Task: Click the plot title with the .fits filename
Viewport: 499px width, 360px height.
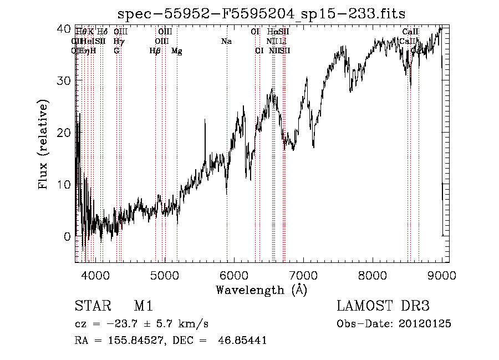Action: tap(261, 13)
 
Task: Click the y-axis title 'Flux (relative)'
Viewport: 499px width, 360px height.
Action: tap(43, 144)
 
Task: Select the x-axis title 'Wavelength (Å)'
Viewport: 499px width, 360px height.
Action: tap(261, 290)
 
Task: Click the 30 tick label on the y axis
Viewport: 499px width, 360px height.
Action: tap(65, 80)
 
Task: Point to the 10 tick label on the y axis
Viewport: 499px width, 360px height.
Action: tap(65, 184)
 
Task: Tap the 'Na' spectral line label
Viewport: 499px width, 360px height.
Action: tap(226, 41)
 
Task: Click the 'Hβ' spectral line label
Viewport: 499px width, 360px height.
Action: tap(155, 50)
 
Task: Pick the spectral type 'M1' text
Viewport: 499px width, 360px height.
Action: tap(143, 307)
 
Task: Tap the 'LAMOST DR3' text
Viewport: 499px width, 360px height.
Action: tap(383, 307)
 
